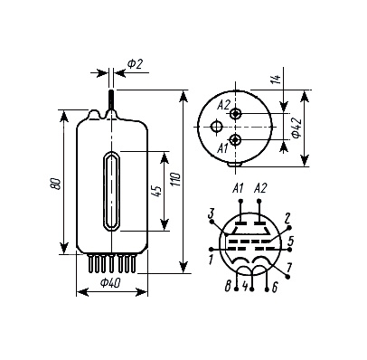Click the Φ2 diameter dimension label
coord(135,64)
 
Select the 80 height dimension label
coord(56,184)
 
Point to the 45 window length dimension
coord(156,192)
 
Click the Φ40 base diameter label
coord(110,283)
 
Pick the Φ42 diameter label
coord(296,128)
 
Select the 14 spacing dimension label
coord(278,79)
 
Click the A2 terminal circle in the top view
coord(235,114)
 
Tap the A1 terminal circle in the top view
coord(235,140)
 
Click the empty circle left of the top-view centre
coord(216,126)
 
